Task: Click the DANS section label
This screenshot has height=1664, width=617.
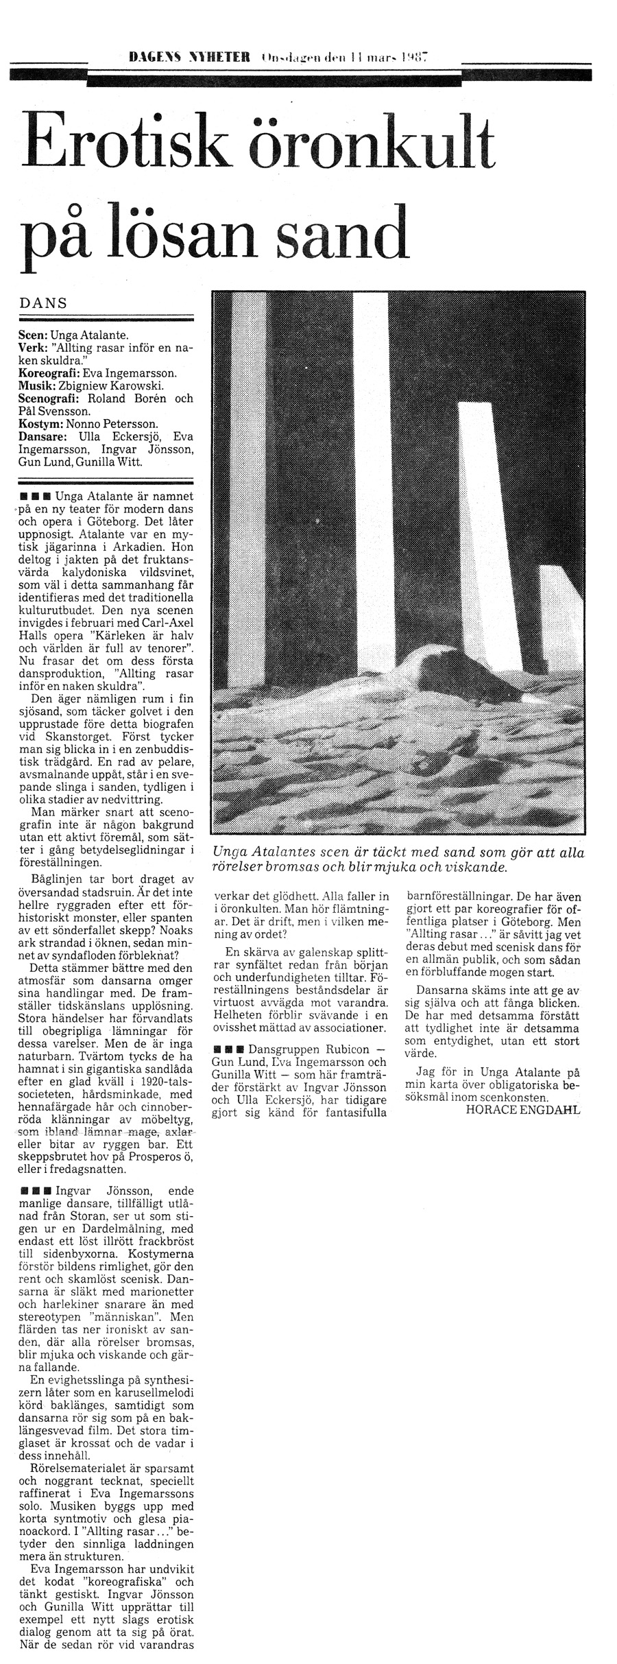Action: [43, 304]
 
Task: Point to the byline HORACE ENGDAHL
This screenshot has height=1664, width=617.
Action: [523, 1109]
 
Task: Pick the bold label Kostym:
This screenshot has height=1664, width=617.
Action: [41, 424]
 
